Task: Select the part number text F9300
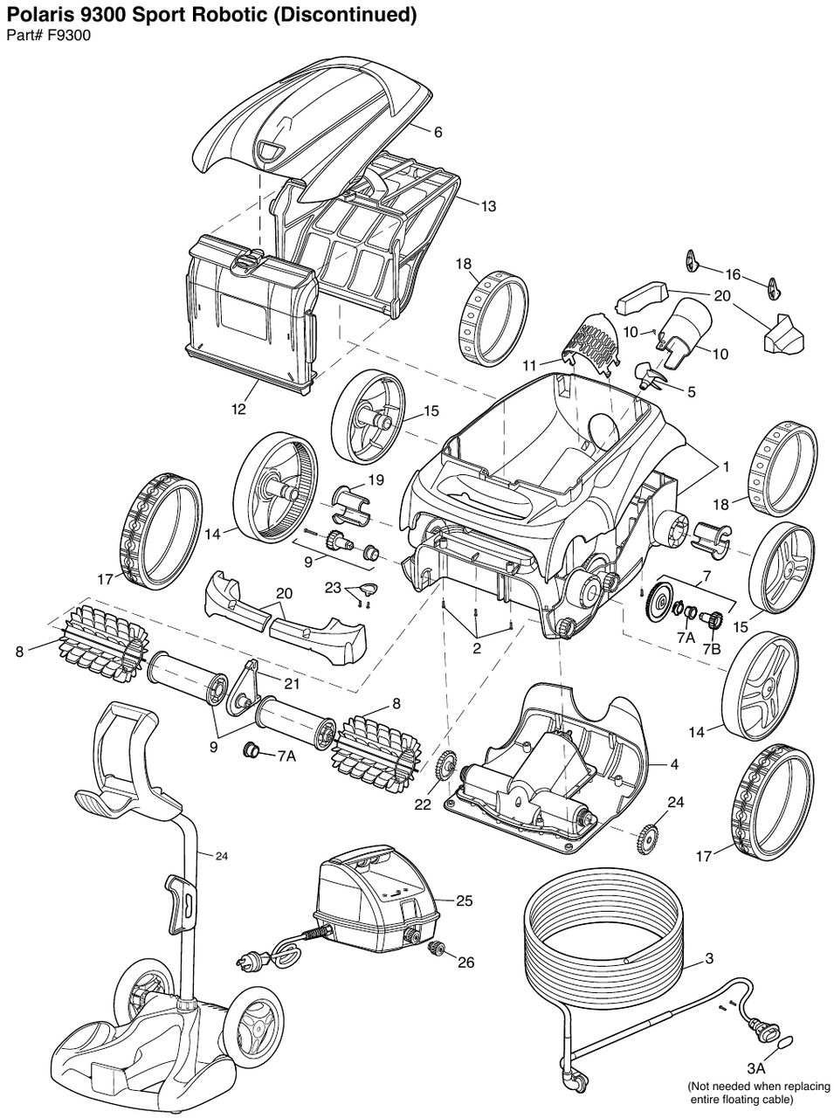tap(72, 35)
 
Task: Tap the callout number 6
tap(438, 132)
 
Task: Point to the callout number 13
tap(487, 206)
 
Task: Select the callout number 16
tap(732, 274)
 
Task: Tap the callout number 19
tap(376, 479)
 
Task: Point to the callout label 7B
tap(712, 649)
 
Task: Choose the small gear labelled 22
tap(445, 766)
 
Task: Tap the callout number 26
tap(465, 962)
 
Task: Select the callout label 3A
tap(755, 1068)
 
